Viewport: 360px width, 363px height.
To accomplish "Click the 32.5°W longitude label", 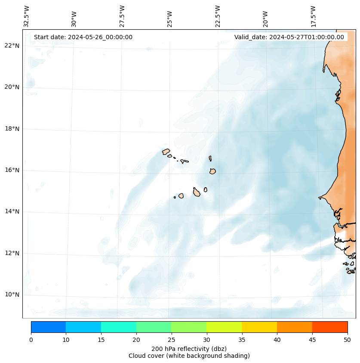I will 27,16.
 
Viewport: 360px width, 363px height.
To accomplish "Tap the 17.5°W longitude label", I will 314,16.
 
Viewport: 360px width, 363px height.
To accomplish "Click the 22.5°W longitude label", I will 218,16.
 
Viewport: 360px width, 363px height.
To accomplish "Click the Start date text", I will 83,37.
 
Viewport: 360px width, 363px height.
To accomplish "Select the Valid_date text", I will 289,37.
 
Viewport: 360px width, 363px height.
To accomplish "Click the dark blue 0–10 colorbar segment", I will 48,327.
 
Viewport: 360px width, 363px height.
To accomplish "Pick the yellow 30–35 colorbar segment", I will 224,327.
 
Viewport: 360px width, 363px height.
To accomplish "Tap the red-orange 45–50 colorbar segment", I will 330,327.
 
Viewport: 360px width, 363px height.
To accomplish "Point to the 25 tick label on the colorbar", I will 171,340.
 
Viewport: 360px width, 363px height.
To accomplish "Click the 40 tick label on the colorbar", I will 277,340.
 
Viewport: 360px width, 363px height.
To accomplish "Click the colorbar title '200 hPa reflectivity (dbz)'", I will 189,348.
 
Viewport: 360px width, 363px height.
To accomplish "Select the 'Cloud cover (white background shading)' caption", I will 189,356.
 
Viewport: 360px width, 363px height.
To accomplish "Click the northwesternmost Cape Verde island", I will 166,152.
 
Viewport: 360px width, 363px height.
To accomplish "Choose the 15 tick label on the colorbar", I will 101,340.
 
